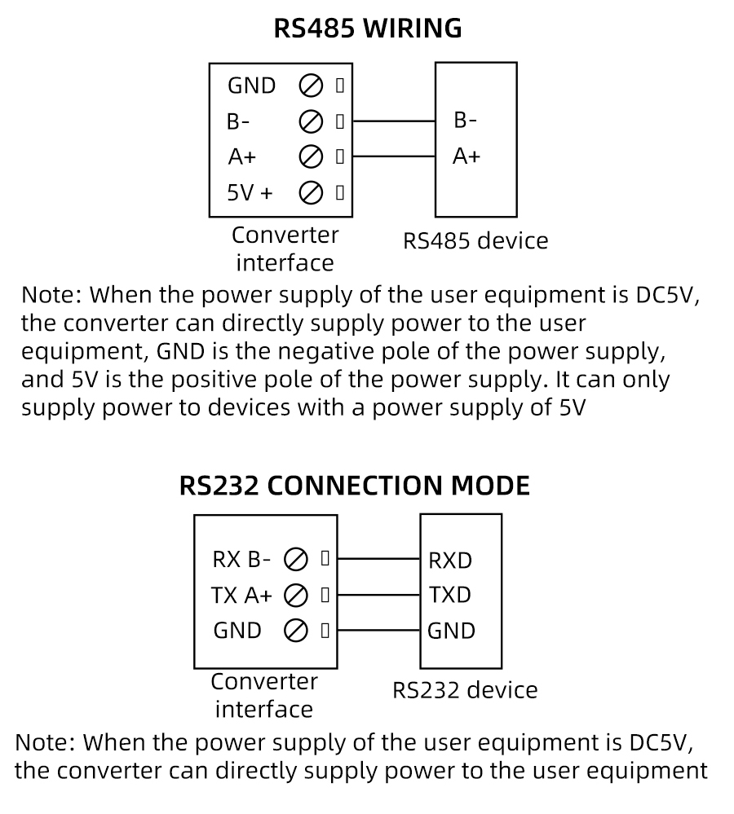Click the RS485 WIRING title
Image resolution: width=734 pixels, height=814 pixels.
[x=367, y=29]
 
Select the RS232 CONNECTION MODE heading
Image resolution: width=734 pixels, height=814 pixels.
[x=355, y=486]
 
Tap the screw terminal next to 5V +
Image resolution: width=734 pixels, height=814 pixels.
[x=310, y=193]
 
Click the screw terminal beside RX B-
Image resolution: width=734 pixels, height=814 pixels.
[x=296, y=560]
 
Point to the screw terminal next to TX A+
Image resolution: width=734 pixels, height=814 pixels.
[x=296, y=595]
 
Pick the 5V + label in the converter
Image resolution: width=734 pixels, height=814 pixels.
[x=250, y=193]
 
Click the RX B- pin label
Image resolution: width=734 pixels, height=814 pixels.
[x=241, y=560]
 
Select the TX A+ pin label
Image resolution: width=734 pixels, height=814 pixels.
[x=241, y=595]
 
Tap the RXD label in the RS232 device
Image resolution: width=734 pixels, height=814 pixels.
[x=450, y=561]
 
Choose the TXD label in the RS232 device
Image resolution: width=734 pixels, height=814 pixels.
[x=449, y=595]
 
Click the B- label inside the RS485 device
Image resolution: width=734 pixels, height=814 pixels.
[x=465, y=121]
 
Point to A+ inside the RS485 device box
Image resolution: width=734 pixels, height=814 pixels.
[x=466, y=156]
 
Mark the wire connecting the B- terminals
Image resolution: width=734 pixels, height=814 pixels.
[x=394, y=121]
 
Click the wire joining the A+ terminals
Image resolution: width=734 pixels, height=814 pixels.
[x=394, y=156]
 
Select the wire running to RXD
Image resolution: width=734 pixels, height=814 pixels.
[x=378, y=560]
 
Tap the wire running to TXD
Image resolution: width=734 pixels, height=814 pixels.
[x=378, y=595]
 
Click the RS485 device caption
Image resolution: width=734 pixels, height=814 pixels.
[x=475, y=241]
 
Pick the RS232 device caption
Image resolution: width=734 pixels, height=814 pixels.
[x=465, y=690]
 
